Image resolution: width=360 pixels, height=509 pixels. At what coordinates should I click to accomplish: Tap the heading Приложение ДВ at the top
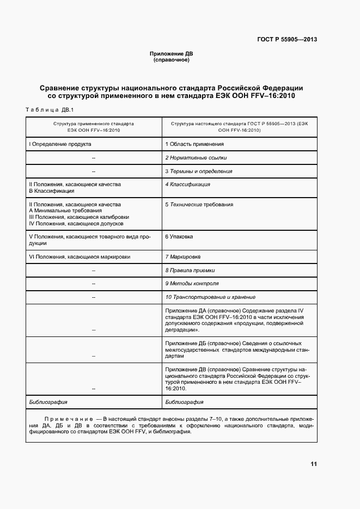[172, 54]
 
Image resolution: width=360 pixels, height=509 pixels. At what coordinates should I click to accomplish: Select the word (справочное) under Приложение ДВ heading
[172, 60]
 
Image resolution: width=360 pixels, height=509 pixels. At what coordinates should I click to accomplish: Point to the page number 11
[313, 464]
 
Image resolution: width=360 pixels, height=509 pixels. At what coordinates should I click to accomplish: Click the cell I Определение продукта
[60, 144]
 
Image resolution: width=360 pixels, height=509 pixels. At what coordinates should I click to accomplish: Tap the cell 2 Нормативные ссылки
[196, 157]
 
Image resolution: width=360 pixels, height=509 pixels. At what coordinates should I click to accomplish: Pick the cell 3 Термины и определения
[198, 171]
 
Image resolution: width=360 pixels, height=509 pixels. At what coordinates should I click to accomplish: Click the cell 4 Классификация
[187, 185]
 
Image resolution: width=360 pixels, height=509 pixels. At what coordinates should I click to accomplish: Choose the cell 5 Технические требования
[199, 204]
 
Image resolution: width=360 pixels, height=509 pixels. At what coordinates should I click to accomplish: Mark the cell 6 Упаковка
[179, 237]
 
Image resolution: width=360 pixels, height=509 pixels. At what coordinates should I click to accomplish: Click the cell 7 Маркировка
[182, 256]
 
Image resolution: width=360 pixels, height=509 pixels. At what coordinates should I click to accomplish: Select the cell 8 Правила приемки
[190, 270]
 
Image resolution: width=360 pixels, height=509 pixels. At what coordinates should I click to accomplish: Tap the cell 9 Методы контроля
[192, 284]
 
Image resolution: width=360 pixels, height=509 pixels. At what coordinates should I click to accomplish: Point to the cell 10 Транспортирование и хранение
[210, 297]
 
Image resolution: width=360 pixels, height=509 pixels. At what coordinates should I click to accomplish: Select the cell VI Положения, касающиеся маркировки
[80, 256]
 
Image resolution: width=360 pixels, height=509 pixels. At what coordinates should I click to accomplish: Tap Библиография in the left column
[48, 402]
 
